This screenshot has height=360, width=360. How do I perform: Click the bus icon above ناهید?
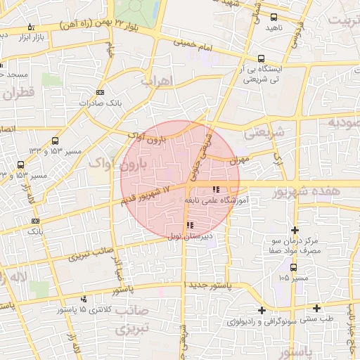(x=274, y=17)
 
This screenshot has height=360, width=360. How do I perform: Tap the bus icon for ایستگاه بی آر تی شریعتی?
(x=262, y=59)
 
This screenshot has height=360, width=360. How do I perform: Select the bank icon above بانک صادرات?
(x=100, y=92)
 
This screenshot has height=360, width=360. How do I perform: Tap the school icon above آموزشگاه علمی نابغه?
(x=215, y=188)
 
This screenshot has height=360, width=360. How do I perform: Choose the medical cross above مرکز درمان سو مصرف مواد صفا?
(x=295, y=230)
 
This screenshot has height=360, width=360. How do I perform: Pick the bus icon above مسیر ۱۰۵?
(x=293, y=267)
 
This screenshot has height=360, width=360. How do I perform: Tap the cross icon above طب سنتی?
(x=318, y=308)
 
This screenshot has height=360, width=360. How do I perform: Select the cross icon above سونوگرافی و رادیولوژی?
(x=262, y=310)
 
